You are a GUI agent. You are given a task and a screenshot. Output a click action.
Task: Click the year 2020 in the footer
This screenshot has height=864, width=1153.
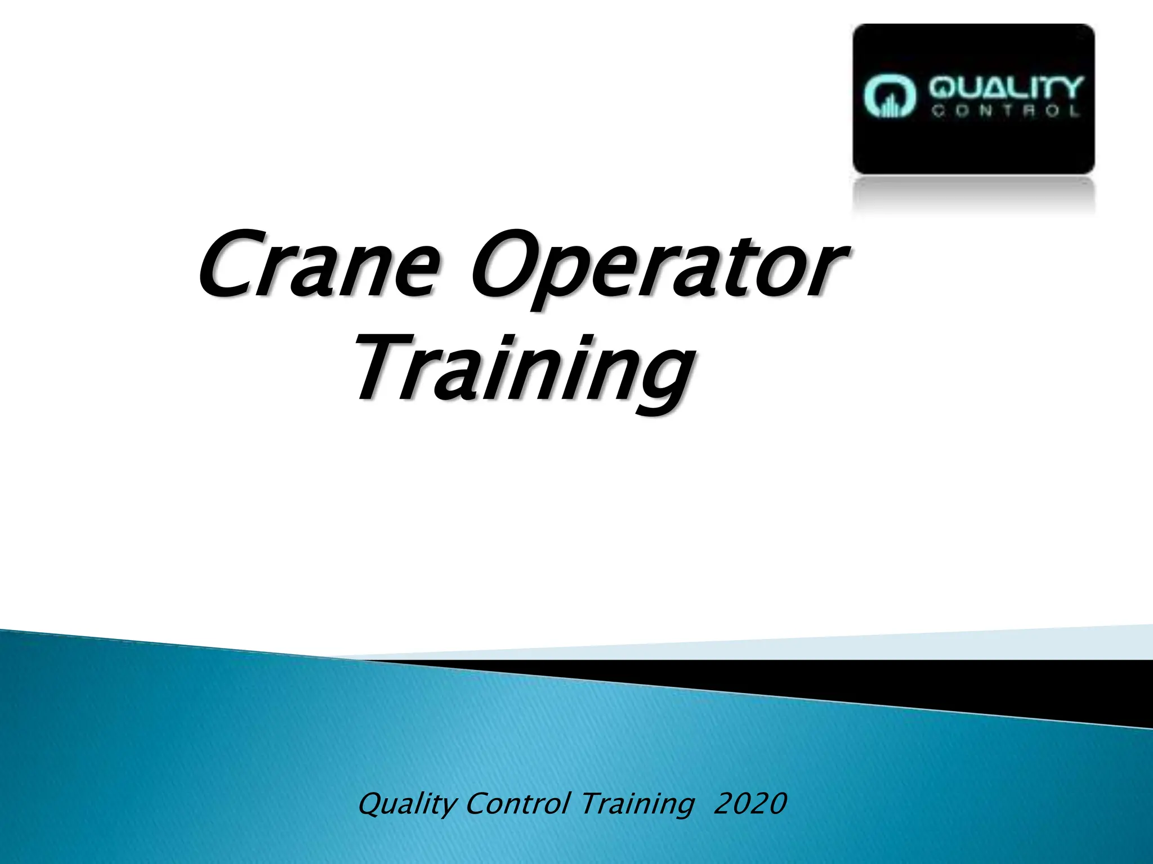click(749, 804)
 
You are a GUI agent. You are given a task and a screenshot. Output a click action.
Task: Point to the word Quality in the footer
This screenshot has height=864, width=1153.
click(406, 805)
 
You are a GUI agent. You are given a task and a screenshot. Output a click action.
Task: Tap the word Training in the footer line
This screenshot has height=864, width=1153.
click(637, 805)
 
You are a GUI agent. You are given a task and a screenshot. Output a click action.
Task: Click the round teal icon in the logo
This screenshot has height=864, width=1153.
click(890, 97)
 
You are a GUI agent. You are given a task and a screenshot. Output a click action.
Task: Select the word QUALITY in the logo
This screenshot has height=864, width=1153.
click(1005, 89)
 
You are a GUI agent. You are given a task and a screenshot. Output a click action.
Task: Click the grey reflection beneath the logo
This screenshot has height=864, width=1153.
click(974, 194)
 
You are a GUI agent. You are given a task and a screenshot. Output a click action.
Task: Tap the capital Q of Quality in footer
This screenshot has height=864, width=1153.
click(372, 804)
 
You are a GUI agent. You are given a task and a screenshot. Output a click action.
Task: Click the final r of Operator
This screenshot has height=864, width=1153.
click(828, 273)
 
